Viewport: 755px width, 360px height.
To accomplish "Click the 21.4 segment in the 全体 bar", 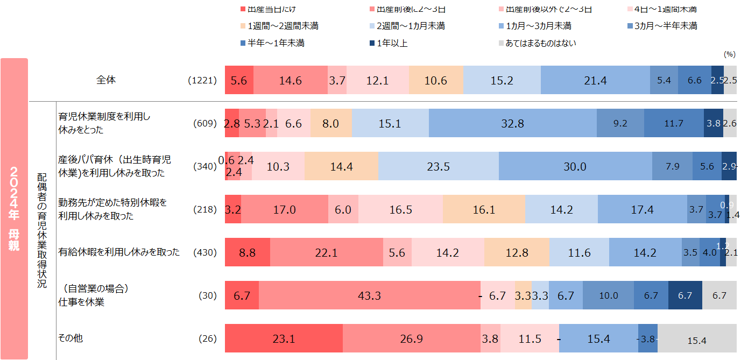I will tap(595, 81).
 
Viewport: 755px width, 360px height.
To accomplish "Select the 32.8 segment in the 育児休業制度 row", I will tap(512, 123).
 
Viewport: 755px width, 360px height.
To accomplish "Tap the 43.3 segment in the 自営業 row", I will tap(369, 295).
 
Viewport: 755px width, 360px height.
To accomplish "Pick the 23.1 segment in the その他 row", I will tap(284, 339).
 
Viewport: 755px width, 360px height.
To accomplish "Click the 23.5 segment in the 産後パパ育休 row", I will tap(438, 166).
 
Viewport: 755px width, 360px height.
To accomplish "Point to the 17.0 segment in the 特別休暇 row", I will tap(284, 210).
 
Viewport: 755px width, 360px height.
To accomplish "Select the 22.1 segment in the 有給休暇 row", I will tap(326, 252).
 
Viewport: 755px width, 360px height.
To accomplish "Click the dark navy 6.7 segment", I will tap(685, 295).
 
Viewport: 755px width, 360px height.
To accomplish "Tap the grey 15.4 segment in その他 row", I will tap(697, 340).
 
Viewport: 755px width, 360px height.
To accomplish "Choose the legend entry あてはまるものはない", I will tap(540, 43).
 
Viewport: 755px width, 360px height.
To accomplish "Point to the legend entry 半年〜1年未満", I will tap(276, 43).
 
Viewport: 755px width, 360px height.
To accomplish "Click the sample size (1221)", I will tap(202, 81).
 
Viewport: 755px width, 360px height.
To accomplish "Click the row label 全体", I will tap(106, 80).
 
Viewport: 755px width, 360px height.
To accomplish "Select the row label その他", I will tap(70, 338).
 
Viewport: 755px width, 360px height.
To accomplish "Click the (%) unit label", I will tap(729, 54).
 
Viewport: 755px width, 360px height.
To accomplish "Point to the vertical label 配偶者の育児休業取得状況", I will tap(42, 231).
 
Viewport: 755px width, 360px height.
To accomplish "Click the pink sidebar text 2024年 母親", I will tap(15, 209).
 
